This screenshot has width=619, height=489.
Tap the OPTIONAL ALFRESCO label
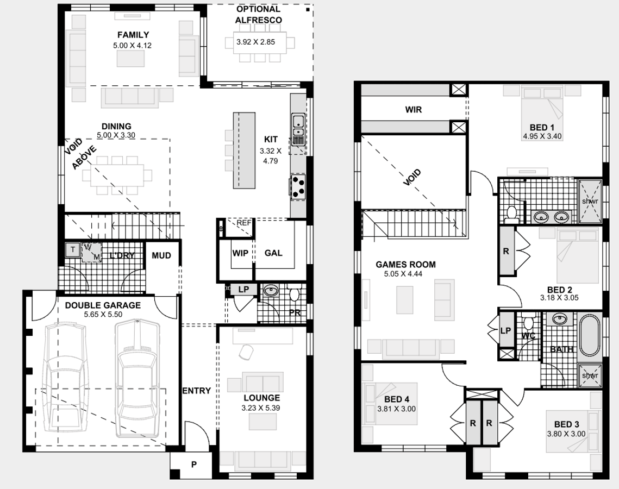coord(258,15)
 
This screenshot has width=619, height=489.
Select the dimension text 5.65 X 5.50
coord(103,315)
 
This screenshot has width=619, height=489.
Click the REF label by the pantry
coord(244,223)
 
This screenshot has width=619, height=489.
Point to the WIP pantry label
coord(240,253)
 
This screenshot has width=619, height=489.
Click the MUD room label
coord(161,255)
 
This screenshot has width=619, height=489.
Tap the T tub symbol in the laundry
coord(71,249)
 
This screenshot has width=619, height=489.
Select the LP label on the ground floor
coord(243,290)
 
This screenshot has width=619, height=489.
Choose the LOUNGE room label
coord(261,398)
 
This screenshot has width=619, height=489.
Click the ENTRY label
coord(196,390)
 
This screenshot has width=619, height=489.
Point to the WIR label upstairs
coord(413,109)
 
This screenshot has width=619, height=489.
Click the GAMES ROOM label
coord(405,265)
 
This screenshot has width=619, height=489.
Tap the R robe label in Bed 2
coord(506,252)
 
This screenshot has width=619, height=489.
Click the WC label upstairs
coord(528,336)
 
